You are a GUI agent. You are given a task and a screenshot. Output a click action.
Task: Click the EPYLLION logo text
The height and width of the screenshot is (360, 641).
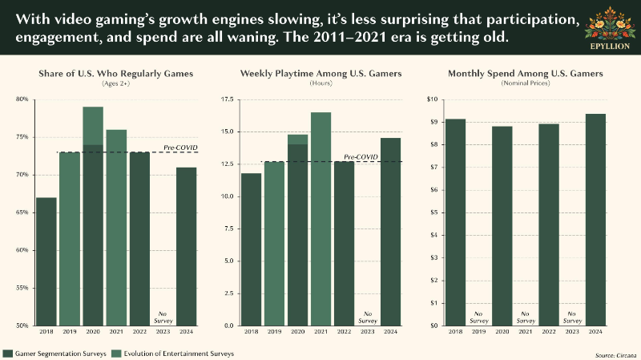click(610, 47)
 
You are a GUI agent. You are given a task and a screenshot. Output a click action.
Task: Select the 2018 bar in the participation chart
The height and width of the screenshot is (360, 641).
click(46, 262)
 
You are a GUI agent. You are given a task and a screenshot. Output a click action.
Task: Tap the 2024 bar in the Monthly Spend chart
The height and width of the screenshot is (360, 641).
click(595, 220)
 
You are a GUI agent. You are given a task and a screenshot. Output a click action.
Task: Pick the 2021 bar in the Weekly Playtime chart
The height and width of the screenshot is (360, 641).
click(321, 219)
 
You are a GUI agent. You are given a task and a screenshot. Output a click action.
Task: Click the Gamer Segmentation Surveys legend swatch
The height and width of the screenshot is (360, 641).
click(7, 354)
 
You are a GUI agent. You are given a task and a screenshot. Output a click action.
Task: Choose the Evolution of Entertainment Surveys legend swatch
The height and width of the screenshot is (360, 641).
click(116, 354)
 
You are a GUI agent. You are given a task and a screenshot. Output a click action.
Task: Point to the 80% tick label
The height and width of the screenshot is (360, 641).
click(22, 99)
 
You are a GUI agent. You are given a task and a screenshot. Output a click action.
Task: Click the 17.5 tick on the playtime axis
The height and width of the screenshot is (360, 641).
click(227, 99)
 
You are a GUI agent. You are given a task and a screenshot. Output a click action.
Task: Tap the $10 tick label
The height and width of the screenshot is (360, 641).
click(432, 99)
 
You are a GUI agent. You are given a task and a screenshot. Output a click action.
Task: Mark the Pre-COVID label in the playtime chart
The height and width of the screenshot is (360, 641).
click(361, 157)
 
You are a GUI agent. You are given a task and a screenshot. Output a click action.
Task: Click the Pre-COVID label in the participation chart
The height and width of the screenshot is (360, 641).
click(180, 148)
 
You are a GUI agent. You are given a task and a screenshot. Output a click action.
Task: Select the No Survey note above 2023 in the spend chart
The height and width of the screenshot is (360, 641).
click(572, 318)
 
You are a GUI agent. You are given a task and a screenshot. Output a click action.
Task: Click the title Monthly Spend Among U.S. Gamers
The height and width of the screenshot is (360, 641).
click(526, 74)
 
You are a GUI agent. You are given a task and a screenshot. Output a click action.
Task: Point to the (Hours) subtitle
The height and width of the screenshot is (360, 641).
click(321, 83)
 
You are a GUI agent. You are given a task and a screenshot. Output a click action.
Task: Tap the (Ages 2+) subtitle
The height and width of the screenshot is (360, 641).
click(115, 83)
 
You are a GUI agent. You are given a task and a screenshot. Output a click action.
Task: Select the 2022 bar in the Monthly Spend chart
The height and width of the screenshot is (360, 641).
click(549, 224)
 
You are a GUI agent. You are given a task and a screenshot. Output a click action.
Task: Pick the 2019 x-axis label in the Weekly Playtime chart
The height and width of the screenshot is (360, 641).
click(274, 332)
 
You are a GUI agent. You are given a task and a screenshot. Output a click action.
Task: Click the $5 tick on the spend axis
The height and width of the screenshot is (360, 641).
click(433, 212)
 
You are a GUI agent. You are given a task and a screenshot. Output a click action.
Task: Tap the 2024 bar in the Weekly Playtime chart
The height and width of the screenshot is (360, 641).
click(391, 232)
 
